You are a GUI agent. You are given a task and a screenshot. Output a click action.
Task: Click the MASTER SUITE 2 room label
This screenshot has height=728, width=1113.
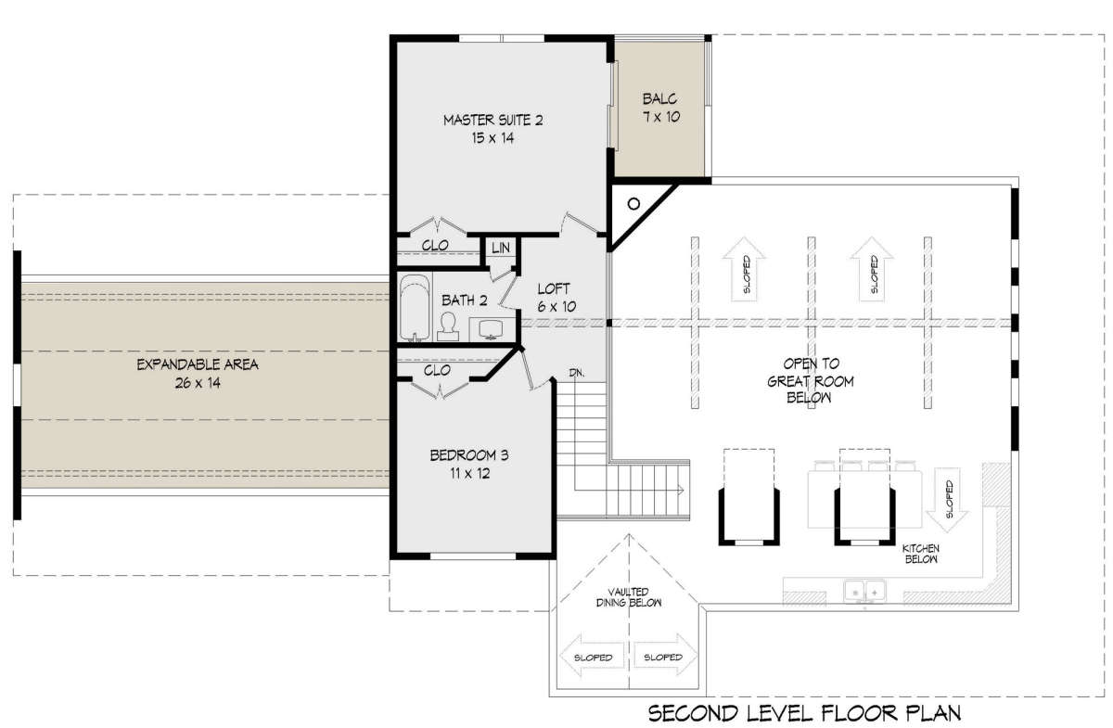click(493, 129)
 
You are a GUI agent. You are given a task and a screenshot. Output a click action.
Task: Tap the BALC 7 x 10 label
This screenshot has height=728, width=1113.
click(660, 108)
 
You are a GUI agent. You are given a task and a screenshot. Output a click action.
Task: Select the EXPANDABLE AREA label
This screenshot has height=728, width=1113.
click(198, 374)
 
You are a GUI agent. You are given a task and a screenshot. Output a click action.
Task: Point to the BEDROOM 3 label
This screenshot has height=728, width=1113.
click(469, 464)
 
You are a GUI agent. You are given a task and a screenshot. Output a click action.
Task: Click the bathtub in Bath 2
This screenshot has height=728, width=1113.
click(415, 308)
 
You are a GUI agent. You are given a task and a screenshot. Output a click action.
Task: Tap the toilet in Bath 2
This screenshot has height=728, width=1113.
click(448, 326)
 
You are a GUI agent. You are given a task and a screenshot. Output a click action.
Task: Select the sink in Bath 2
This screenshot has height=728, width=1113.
click(491, 329)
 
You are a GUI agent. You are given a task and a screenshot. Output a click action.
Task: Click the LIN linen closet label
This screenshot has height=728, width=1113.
click(500, 248)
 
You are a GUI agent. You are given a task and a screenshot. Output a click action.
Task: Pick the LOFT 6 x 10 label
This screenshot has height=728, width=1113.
click(556, 298)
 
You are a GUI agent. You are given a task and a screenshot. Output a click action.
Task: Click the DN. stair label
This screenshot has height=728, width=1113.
click(576, 373)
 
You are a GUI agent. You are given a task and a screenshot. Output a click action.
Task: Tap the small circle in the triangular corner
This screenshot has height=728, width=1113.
click(633, 204)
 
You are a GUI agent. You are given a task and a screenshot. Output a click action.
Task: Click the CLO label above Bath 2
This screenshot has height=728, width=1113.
click(435, 245)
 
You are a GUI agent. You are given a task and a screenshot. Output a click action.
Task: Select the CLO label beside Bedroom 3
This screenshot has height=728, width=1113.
click(437, 370)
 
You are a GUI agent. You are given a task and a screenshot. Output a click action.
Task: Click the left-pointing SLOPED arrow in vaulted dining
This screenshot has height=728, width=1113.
click(593, 657)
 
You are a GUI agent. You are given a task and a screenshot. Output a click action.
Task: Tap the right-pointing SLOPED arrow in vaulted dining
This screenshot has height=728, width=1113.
click(664, 656)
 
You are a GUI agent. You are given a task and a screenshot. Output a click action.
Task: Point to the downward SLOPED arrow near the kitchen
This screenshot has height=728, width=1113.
click(947, 500)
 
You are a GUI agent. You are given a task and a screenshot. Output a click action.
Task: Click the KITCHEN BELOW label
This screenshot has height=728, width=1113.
click(921, 554)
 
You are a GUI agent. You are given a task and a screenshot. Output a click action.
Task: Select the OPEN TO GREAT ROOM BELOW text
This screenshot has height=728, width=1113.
click(811, 380)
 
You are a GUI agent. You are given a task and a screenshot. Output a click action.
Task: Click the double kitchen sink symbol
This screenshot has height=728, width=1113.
click(865, 592)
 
